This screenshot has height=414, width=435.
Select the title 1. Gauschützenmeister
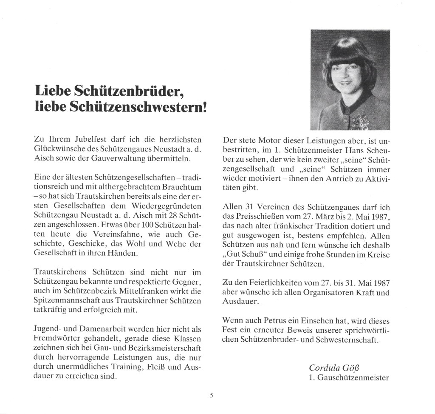click(x=349, y=377)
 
